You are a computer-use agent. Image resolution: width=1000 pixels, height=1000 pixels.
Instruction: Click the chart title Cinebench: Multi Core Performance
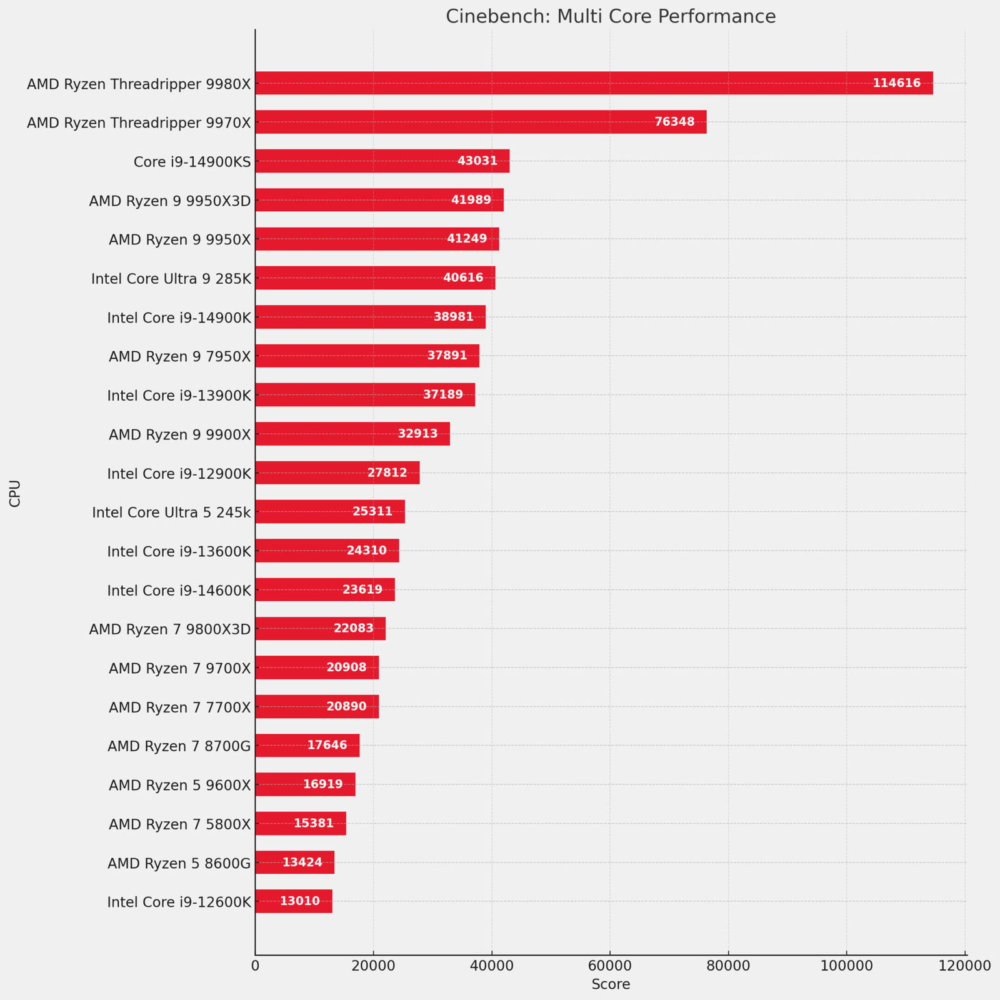[611, 16]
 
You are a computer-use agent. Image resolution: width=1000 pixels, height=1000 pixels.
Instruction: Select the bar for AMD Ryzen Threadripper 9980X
[594, 83]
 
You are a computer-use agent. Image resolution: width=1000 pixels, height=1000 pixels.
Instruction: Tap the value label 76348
[674, 122]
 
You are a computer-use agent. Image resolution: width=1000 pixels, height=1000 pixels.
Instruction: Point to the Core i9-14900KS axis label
[192, 162]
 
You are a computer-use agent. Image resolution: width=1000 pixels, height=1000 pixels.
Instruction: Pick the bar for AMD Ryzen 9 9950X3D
[379, 200]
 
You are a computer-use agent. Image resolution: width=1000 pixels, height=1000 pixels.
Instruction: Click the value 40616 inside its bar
[463, 277]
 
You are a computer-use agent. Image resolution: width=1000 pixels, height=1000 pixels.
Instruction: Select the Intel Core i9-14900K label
[179, 317]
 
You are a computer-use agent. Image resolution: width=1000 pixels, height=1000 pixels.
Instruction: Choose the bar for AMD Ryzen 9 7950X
[367, 356]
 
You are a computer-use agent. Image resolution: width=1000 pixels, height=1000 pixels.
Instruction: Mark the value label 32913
[417, 434]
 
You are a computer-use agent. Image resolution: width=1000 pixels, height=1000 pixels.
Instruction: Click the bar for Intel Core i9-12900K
[337, 472]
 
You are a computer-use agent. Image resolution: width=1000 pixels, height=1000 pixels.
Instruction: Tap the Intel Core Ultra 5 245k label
[171, 512]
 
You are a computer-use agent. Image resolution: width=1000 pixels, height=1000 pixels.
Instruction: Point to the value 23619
[362, 589]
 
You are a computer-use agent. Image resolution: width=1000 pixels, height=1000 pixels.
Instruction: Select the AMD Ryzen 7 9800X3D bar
[320, 628]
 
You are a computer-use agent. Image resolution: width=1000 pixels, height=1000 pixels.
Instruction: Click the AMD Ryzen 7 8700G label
[179, 746]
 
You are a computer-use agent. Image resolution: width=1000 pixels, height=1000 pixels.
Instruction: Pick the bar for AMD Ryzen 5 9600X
[305, 784]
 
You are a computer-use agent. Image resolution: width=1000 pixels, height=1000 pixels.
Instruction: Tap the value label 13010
[300, 901]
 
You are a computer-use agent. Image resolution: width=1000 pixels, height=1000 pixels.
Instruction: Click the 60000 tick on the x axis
[610, 965]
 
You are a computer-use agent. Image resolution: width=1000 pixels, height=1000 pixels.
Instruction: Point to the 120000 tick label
[965, 965]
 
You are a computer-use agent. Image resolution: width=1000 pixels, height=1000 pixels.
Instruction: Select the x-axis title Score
[611, 984]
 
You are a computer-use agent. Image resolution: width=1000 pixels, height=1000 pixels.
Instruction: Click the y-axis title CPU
[15, 493]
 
